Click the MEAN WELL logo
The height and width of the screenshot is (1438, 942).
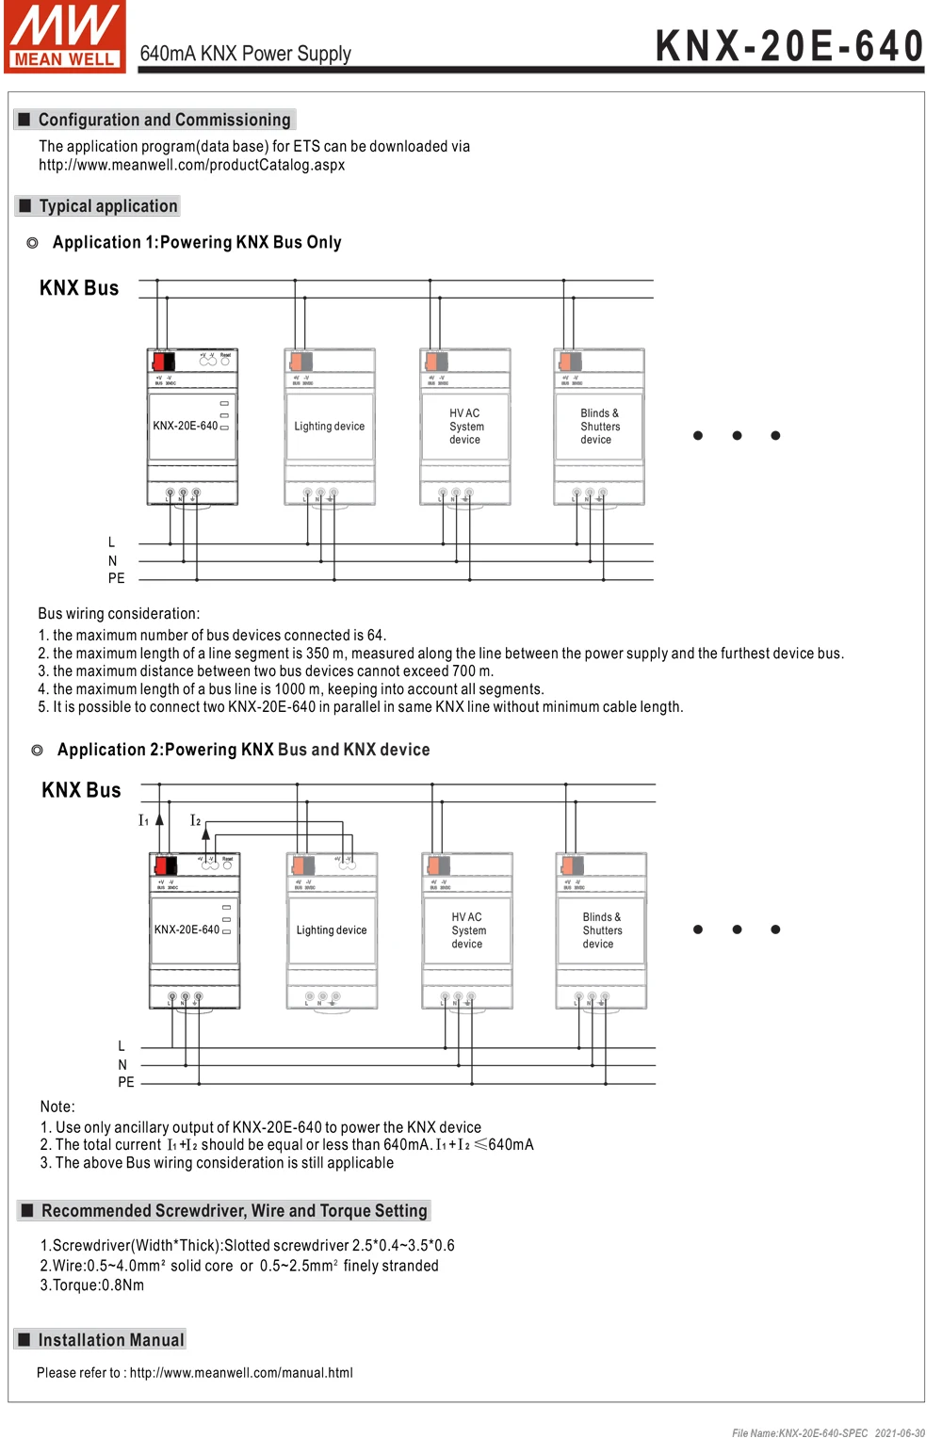click(64, 36)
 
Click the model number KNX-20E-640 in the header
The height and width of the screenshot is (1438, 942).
click(789, 45)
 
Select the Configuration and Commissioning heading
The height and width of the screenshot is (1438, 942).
click(164, 120)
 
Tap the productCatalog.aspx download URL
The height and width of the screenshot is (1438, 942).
click(191, 165)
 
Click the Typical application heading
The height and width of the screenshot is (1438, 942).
click(107, 206)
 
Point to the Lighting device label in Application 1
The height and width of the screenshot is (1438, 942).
click(329, 427)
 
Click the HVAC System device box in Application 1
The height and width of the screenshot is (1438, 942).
click(465, 427)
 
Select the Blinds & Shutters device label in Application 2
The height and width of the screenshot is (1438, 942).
click(601, 930)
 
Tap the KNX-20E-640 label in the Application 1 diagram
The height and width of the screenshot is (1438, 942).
click(185, 426)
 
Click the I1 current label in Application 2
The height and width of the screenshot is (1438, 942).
click(143, 820)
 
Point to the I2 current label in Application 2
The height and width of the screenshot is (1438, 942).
click(195, 820)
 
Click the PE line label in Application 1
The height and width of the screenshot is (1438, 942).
click(116, 578)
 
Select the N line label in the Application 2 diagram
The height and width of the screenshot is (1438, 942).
click(122, 1065)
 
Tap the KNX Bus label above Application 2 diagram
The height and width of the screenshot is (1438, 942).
click(81, 790)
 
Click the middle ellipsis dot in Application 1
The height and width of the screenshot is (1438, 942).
click(737, 435)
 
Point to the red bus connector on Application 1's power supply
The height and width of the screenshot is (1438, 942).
click(163, 361)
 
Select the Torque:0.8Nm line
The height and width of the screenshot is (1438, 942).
click(92, 1285)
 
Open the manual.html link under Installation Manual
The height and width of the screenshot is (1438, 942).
click(241, 1373)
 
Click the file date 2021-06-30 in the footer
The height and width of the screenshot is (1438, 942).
click(899, 1432)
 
